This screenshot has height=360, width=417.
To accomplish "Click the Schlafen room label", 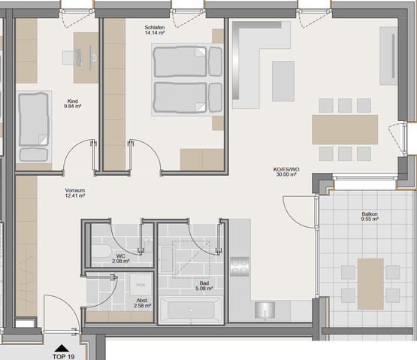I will [x=156, y=28].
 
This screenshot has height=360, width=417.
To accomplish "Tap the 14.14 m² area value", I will [x=156, y=34].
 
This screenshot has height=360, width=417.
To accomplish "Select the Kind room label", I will [x=73, y=101].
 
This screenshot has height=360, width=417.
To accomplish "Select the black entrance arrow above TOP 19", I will [x=61, y=346].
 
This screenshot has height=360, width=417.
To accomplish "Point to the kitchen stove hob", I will [x=240, y=266].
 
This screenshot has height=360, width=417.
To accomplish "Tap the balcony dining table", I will [x=370, y=283].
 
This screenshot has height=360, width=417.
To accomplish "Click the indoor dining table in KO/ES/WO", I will [x=345, y=129].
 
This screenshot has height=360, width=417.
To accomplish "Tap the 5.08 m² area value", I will [x=204, y=288].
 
